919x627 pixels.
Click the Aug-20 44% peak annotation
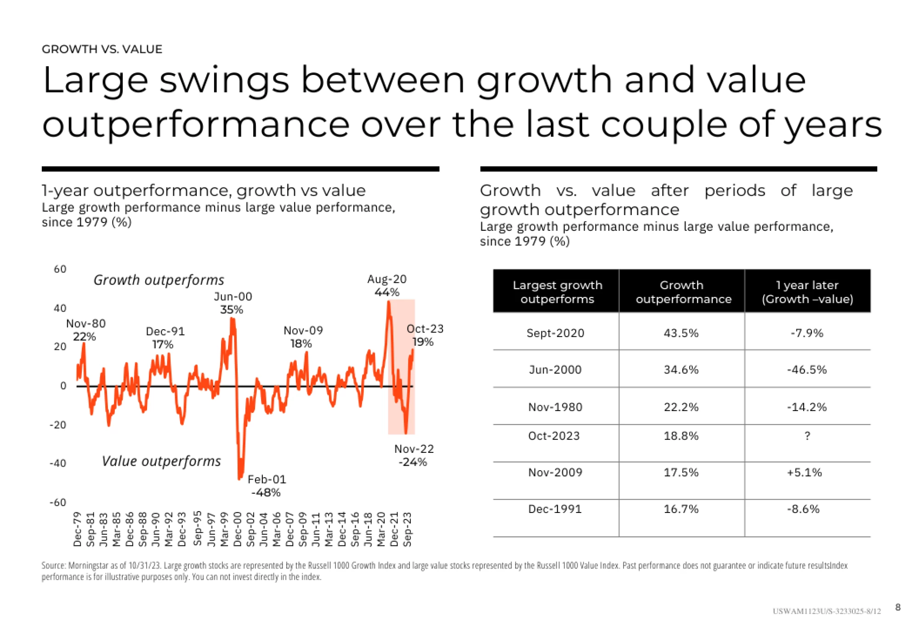[386, 285]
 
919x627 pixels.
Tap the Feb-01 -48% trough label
[267, 486]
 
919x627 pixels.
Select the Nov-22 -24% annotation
[414, 455]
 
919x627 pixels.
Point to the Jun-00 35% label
[233, 303]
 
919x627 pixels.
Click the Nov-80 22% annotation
[85, 330]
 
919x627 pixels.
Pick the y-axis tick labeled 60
[60, 269]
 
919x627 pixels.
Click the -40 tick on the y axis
[58, 463]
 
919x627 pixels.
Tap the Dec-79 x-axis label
[77, 529]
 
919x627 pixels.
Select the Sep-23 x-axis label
[407, 529]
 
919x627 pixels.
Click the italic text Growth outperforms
[159, 280]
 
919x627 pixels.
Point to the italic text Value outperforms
[161, 461]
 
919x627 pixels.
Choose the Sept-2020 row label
[555, 333]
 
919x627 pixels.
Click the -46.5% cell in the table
[807, 370]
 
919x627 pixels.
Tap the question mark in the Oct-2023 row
[807, 436]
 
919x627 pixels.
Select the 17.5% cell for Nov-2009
[681, 473]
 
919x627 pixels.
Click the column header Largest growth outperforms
[557, 292]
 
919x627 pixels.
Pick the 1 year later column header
[807, 292]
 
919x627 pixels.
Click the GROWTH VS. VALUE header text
[102, 49]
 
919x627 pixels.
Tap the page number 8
[898, 607]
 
